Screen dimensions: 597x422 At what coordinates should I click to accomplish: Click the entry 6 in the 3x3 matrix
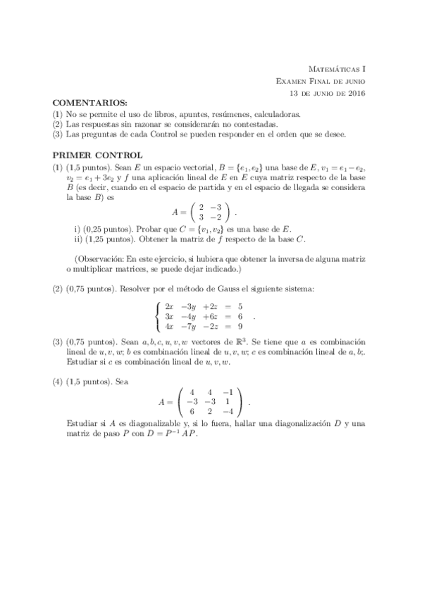click(x=190, y=411)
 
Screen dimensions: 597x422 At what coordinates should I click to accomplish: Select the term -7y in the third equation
click(x=190, y=327)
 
